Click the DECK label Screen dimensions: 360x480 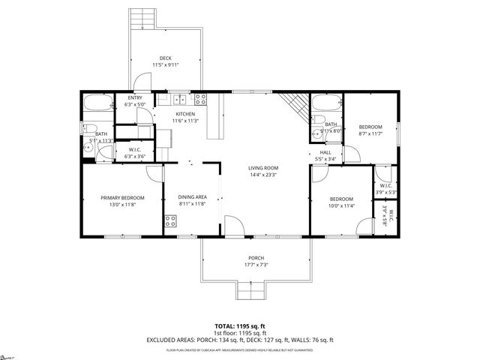[166, 58]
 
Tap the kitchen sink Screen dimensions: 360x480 [180, 99]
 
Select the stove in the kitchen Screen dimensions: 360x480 [200, 98]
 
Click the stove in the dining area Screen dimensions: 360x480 [170, 220]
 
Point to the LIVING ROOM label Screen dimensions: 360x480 [263, 168]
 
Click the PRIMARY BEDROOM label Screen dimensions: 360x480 [122, 198]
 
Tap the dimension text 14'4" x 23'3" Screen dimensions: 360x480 [263, 175]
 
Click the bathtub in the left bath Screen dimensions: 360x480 [97, 103]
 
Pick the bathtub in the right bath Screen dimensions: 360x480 [326, 103]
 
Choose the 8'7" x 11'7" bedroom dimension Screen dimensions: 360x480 [370, 134]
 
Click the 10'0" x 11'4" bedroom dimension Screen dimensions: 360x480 [341, 205]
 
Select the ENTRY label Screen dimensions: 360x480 [135, 98]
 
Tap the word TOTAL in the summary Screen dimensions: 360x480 [226, 326]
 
